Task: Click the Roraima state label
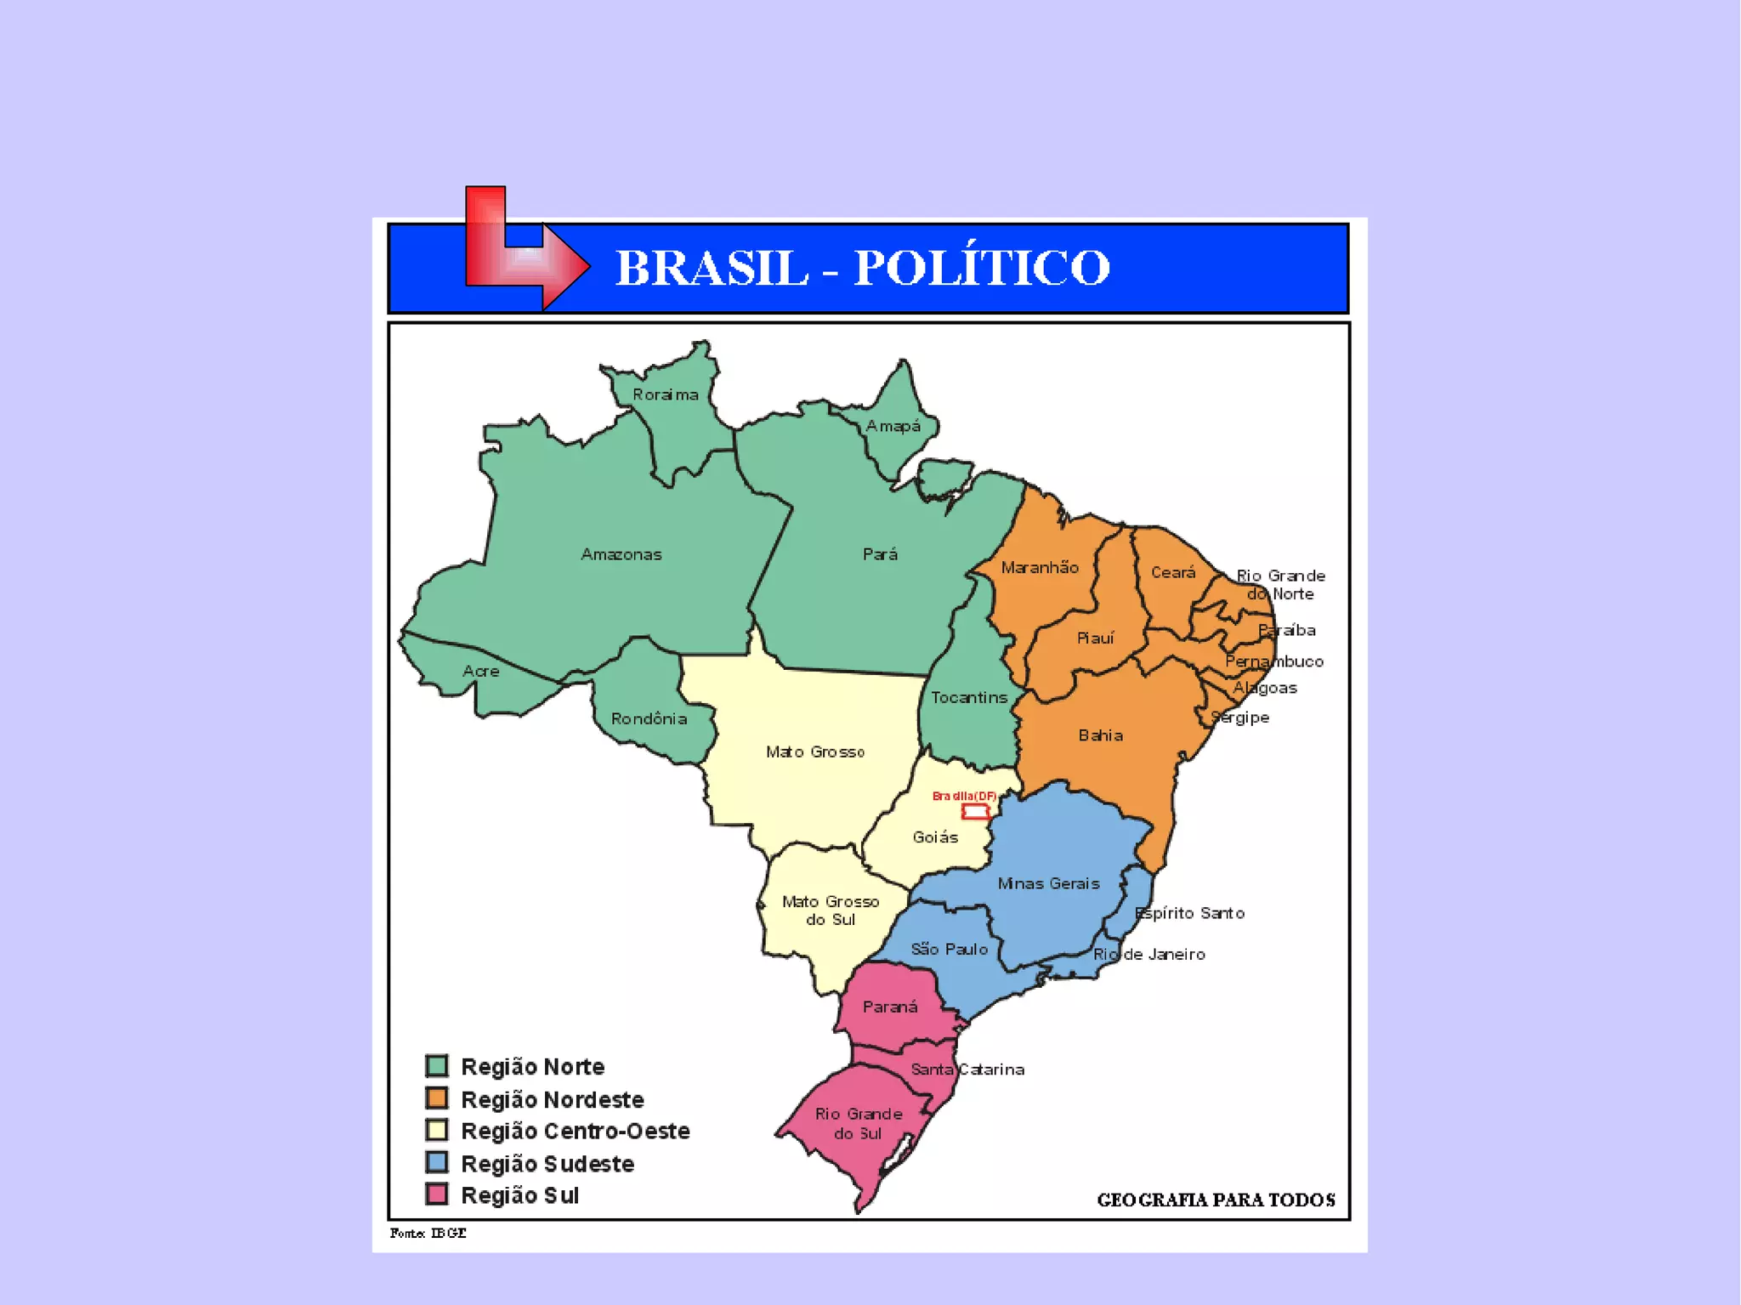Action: [666, 394]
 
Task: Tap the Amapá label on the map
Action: [893, 426]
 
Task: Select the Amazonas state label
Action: [621, 554]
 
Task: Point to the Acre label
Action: [480, 671]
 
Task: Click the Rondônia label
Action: [649, 718]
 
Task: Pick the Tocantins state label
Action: [969, 697]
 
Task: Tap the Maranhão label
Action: [1040, 567]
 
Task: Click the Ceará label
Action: [1173, 572]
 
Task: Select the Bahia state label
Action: [1101, 735]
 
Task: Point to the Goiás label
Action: [935, 837]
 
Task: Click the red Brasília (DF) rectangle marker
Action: [974, 811]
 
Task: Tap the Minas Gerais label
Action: [1048, 883]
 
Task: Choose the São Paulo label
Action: [949, 949]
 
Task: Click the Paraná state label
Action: [890, 1007]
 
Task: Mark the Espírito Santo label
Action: [1190, 913]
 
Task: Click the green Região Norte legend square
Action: [437, 1066]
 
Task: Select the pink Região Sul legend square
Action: [437, 1194]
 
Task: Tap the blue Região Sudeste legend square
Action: [437, 1162]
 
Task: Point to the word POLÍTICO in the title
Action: [982, 267]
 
